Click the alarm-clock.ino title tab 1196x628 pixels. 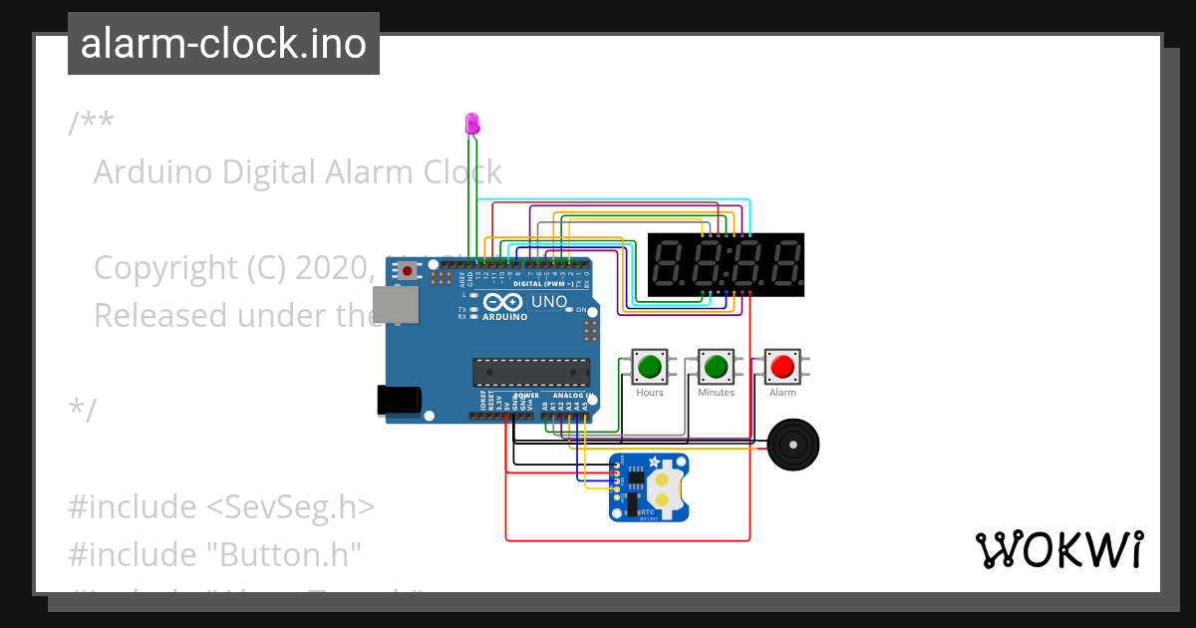point(222,44)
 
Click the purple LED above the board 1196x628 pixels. point(472,125)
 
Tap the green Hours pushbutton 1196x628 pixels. point(650,367)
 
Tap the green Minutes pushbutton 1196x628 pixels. point(716,367)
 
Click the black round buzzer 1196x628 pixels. point(793,444)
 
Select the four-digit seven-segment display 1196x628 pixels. point(726,265)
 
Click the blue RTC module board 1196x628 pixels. point(649,486)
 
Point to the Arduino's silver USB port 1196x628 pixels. point(390,306)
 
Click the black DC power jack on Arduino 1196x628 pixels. point(399,400)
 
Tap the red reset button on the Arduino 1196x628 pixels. point(408,269)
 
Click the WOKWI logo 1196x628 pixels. point(1058,549)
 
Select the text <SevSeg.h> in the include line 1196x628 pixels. point(290,506)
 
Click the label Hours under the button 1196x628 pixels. point(650,393)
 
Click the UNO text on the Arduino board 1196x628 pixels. point(549,302)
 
